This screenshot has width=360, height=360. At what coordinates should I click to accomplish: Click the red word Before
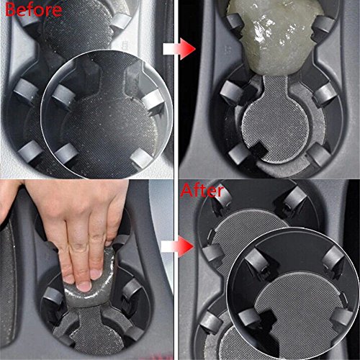tap(33, 9)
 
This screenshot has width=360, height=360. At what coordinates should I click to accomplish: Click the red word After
tap(202, 191)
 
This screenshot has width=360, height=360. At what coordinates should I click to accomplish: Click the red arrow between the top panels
tap(179, 49)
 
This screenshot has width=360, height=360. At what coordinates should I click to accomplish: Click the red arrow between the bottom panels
tap(178, 246)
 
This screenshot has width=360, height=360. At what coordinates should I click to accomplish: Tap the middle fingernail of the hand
tap(84, 285)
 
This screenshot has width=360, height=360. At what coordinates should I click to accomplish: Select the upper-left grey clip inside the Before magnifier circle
tap(63, 96)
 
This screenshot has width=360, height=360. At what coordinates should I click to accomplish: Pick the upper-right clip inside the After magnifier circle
tap(333, 258)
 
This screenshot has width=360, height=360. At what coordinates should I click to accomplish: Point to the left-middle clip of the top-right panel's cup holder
tap(230, 92)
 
